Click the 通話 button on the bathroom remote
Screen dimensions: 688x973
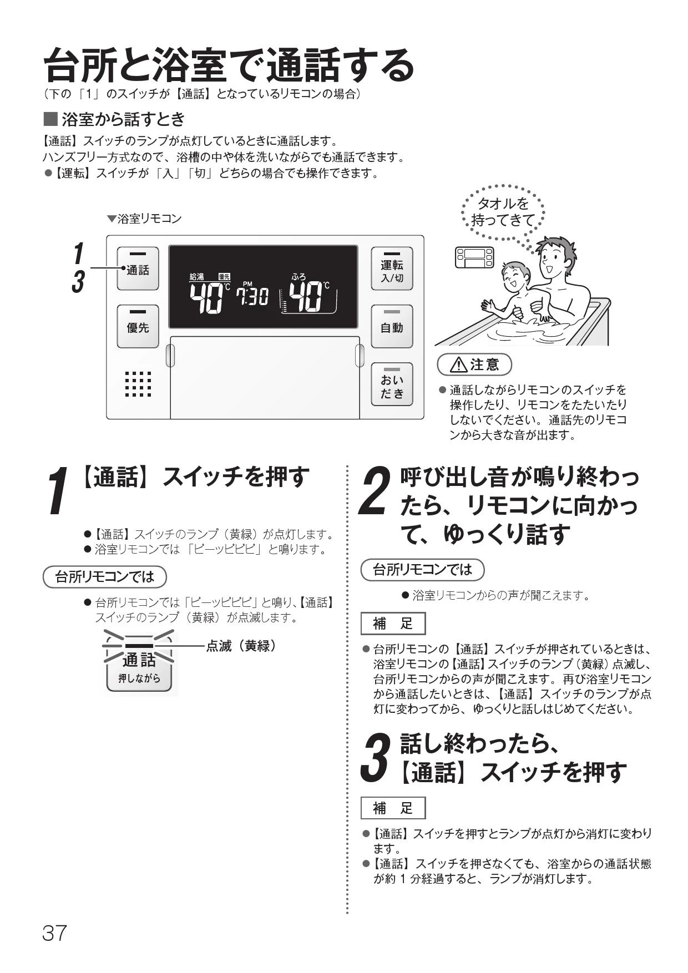pyautogui.click(x=138, y=268)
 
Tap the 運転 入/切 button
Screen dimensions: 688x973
pyautogui.click(x=392, y=268)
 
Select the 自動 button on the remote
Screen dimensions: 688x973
pyautogui.click(x=392, y=326)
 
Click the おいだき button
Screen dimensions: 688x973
pyautogui.click(x=392, y=385)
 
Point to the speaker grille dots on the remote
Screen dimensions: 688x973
pyautogui.click(x=138, y=384)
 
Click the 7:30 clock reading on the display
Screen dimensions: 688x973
pyautogui.click(x=252, y=296)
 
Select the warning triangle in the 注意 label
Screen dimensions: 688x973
pyautogui.click(x=459, y=365)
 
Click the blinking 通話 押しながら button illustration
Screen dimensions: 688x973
pyautogui.click(x=139, y=663)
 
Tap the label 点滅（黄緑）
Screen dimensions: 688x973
pyautogui.click(x=241, y=646)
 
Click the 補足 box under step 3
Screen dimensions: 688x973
pyautogui.click(x=393, y=808)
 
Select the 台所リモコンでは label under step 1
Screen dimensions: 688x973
pyautogui.click(x=104, y=577)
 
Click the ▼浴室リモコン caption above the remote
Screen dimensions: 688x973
pyautogui.click(x=144, y=219)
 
